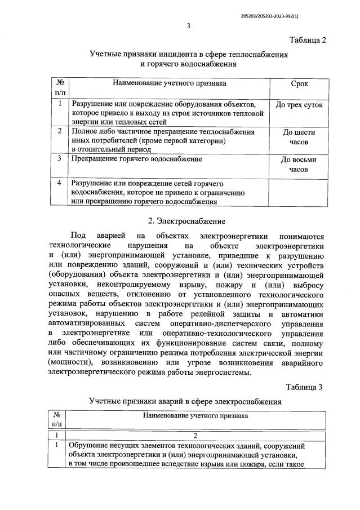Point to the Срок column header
(299, 83)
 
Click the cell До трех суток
(299, 105)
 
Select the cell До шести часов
(299, 138)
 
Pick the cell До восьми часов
(299, 164)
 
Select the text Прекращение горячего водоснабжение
(136, 159)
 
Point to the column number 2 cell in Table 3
(194, 435)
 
